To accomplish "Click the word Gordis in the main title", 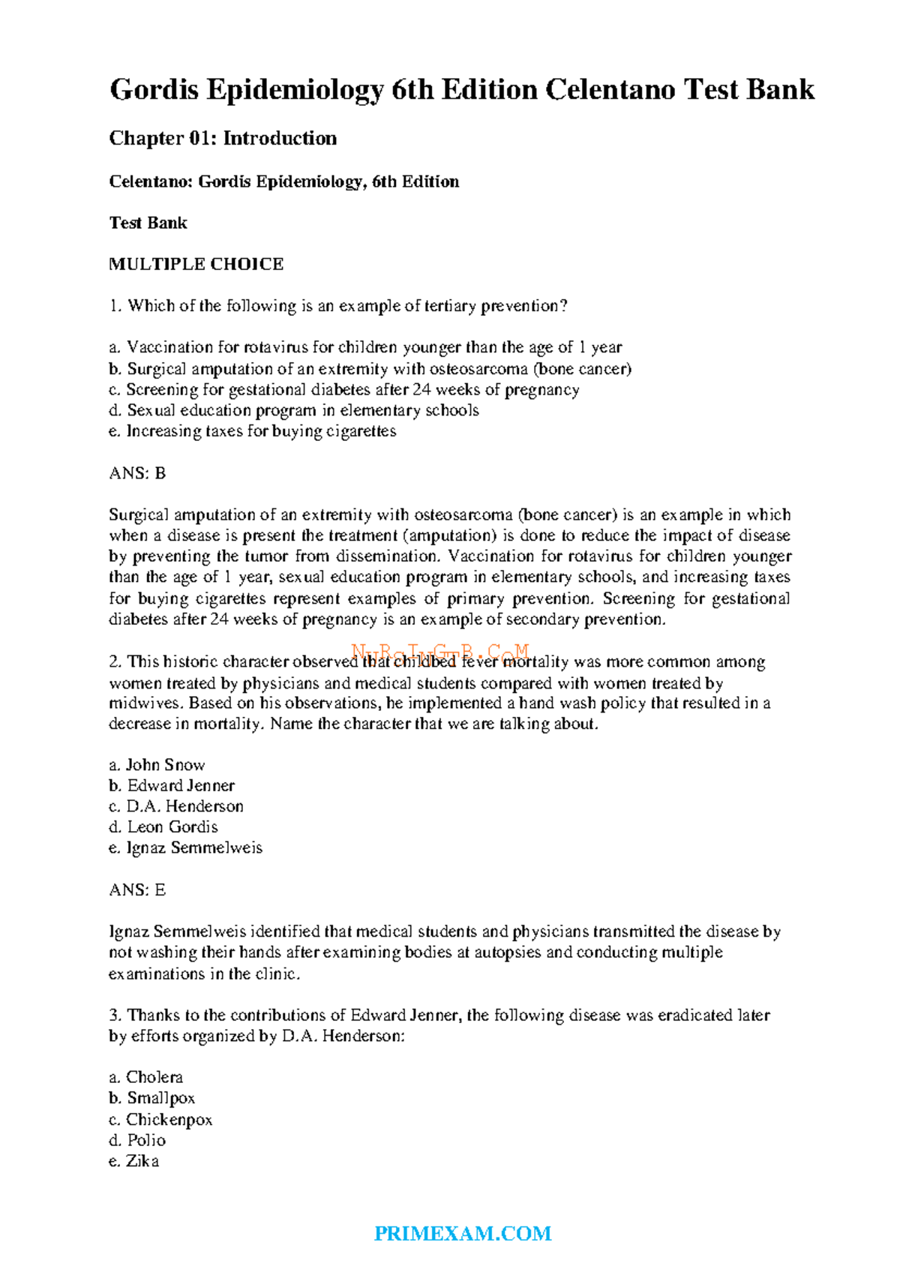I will click(x=154, y=90).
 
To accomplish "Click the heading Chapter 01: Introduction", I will click(x=223, y=138).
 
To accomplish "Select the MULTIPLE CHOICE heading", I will click(x=196, y=264).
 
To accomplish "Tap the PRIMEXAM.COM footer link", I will click(x=463, y=1234).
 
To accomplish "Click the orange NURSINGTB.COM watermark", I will click(x=441, y=652).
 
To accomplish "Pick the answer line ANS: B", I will click(x=137, y=473).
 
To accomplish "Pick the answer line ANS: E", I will click(x=137, y=890).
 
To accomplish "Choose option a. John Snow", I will click(x=157, y=765).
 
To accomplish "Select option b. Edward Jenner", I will click(x=172, y=785).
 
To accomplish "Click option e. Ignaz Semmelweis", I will click(x=185, y=847).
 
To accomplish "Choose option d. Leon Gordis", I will click(x=163, y=827).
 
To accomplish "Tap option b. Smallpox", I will click(x=152, y=1098).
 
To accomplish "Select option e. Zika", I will click(x=134, y=1161).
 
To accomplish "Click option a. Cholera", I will click(x=146, y=1077).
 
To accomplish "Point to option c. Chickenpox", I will click(x=160, y=1119).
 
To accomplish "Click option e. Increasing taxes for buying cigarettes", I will click(x=253, y=431).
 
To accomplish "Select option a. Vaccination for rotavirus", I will click(x=365, y=347).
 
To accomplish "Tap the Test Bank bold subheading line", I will click(x=148, y=223).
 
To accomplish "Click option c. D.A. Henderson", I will click(x=176, y=806).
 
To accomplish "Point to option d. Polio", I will click(x=137, y=1140).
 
